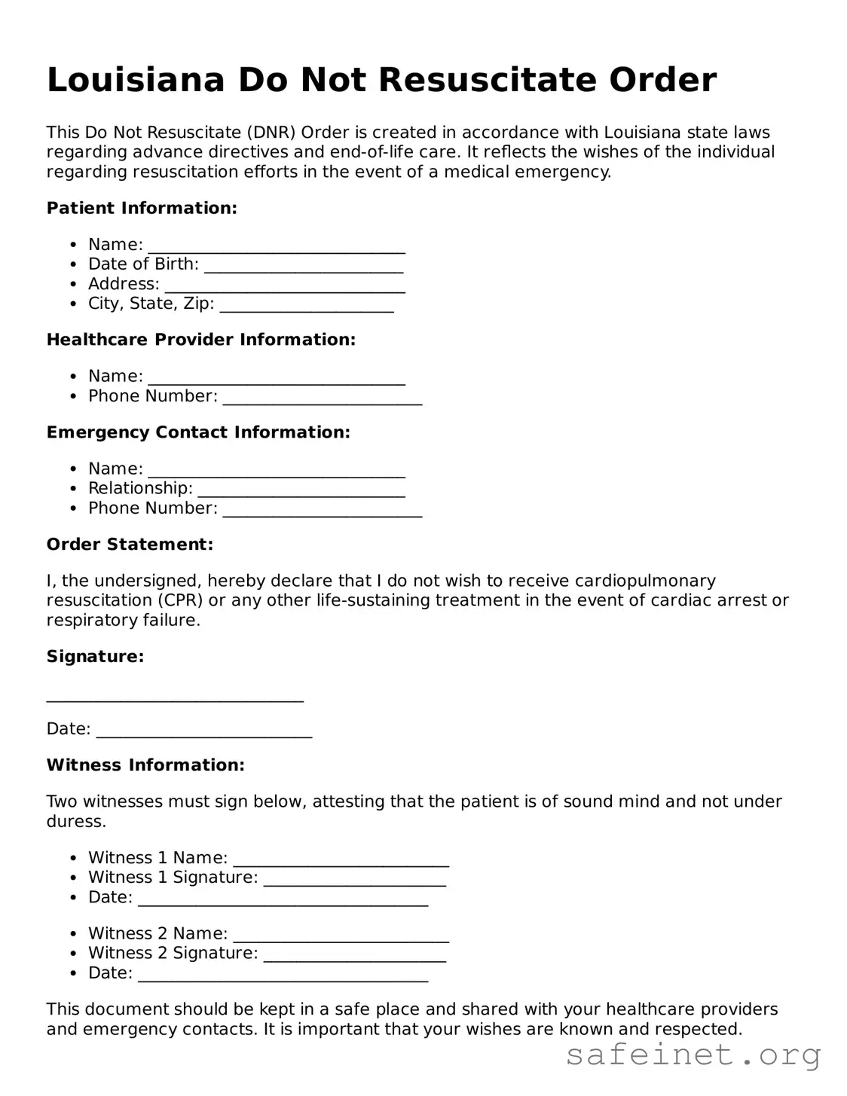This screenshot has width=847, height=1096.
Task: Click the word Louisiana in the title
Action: pyautogui.click(x=136, y=80)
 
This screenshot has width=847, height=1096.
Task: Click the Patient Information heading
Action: pyautogui.click(x=142, y=208)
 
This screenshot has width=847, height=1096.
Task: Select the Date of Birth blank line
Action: pyautogui.click(x=304, y=269)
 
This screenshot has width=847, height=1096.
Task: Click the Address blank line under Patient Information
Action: pyautogui.click(x=285, y=289)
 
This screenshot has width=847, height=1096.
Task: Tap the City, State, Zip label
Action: pyautogui.click(x=151, y=304)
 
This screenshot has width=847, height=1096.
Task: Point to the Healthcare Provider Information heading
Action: pyautogui.click(x=200, y=340)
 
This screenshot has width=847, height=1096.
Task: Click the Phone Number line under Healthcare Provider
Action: pyautogui.click(x=323, y=401)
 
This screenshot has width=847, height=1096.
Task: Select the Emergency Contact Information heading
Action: pyautogui.click(x=198, y=432)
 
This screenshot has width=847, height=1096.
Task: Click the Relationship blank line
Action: pyautogui.click(x=301, y=494)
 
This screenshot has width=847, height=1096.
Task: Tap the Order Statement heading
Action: pyautogui.click(x=130, y=545)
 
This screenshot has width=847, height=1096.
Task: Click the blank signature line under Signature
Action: pyautogui.click(x=175, y=698)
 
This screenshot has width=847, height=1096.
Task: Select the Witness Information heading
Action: pyautogui.click(x=145, y=765)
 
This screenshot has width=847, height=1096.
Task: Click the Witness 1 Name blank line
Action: pyautogui.click(x=341, y=864)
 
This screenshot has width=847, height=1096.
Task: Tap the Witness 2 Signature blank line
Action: pyautogui.click(x=355, y=959)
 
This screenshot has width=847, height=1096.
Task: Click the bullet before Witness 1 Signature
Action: pyautogui.click(x=73, y=878)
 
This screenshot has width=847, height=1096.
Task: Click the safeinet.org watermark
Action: pyautogui.click(x=693, y=1055)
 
